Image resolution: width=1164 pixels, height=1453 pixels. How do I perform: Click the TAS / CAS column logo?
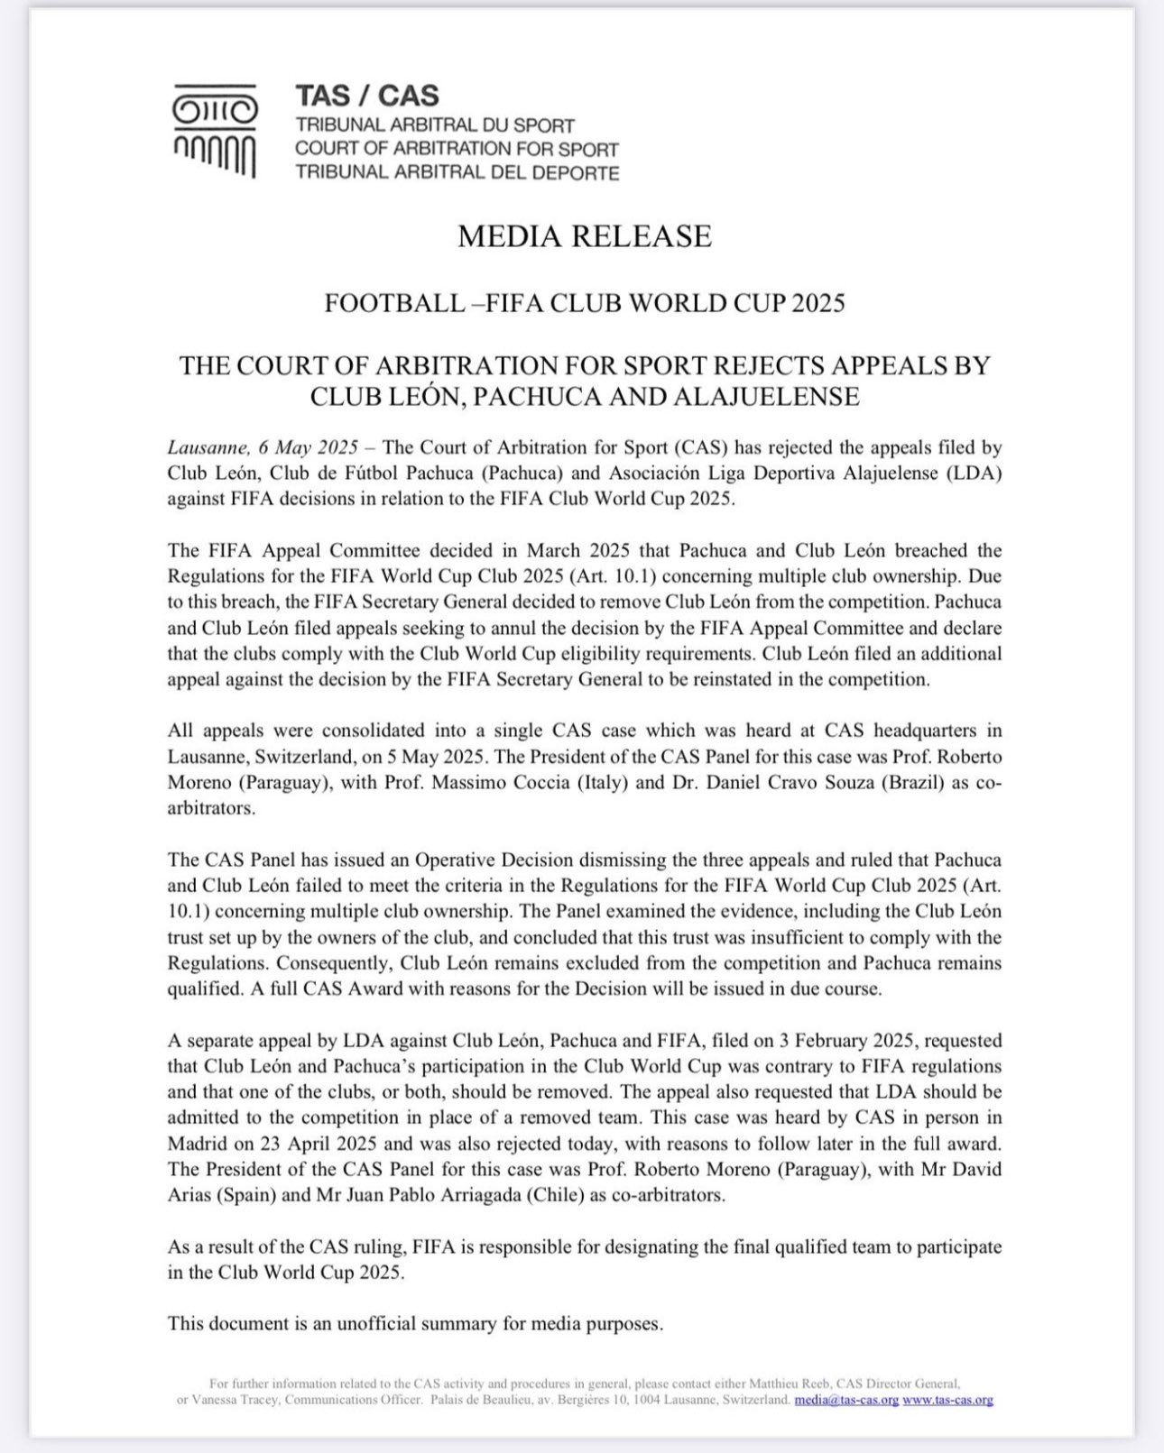[x=215, y=131]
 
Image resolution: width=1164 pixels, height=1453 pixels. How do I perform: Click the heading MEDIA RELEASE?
[x=584, y=236]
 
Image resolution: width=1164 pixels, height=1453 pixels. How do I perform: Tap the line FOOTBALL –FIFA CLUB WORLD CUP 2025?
[x=584, y=303]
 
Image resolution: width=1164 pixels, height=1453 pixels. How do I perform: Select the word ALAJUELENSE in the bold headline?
[x=770, y=397]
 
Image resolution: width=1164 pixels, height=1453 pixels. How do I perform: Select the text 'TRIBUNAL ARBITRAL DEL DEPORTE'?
[x=457, y=172]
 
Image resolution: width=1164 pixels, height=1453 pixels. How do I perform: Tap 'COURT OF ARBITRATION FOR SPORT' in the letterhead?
[x=457, y=149]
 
